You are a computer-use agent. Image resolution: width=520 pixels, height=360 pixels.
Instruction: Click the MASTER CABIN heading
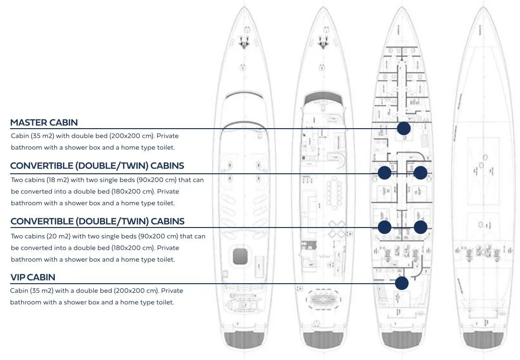[44, 122]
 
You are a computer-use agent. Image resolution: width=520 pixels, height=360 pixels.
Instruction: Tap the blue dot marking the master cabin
[403, 128]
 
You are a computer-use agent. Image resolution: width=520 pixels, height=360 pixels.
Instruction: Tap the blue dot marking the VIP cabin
[402, 283]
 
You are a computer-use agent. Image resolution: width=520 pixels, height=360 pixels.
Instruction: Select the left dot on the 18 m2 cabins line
[385, 173]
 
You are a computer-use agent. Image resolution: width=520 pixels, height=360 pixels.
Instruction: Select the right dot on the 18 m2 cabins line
[421, 173]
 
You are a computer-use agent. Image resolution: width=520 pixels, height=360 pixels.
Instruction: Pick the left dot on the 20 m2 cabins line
[385, 227]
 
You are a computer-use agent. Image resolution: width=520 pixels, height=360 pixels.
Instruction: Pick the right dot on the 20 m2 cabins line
[421, 227]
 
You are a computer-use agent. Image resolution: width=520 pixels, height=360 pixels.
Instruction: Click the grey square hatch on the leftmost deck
[242, 256]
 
